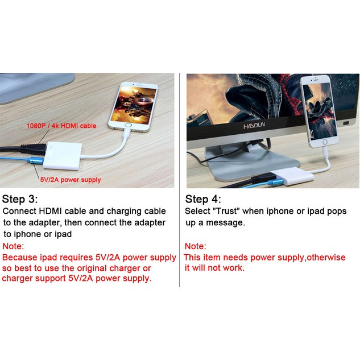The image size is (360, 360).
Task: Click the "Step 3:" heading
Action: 19,199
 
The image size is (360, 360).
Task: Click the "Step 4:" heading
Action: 203,199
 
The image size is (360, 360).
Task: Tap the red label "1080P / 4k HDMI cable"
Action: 61,126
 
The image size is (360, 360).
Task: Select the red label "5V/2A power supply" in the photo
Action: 71,180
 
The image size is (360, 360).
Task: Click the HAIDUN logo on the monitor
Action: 254,126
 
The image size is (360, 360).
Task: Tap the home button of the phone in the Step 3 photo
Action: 129,126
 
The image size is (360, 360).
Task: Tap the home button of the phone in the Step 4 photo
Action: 324,142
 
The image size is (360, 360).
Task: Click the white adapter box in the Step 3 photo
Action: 63,156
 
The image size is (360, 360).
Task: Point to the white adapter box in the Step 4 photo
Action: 292,176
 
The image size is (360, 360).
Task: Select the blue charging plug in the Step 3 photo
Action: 35,160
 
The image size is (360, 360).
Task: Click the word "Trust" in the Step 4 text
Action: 226,211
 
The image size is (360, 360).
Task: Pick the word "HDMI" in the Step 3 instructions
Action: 51,211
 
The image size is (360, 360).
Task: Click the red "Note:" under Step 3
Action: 13,246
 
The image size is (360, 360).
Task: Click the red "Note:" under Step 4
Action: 196,246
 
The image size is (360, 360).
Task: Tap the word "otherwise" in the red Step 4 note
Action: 326,258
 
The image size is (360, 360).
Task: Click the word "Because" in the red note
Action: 19,258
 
